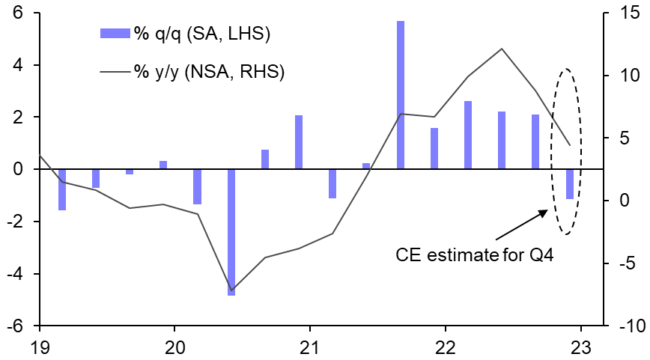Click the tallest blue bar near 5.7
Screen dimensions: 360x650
pos(401,95)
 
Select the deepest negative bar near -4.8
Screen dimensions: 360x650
pos(231,232)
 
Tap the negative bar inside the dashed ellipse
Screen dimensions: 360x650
pos(569,184)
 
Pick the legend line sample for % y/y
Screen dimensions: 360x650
pos(115,72)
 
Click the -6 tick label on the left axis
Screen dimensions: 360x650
pos(13,327)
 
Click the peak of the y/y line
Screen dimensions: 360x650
pos(502,49)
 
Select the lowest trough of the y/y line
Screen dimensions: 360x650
pos(231,290)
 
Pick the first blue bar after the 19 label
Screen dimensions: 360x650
pos(62,189)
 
